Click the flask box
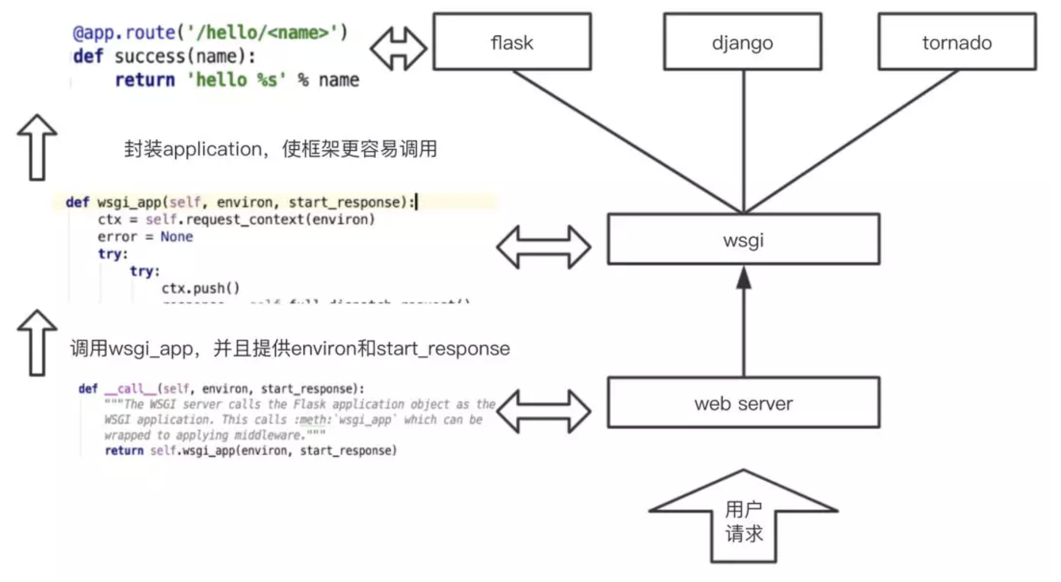coord(512,42)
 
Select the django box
coord(742,42)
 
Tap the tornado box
coord(957,42)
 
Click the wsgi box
coord(743,240)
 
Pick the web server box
coord(743,403)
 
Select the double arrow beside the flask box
coord(398,49)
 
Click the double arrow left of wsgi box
coord(543,247)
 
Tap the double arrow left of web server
coord(543,411)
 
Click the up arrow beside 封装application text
coord(37,147)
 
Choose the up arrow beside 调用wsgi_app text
coord(37,343)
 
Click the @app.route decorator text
coord(124,33)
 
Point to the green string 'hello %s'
coord(236,80)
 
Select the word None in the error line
coord(176,237)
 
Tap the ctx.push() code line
coord(200,289)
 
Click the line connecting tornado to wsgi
coord(850,141)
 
